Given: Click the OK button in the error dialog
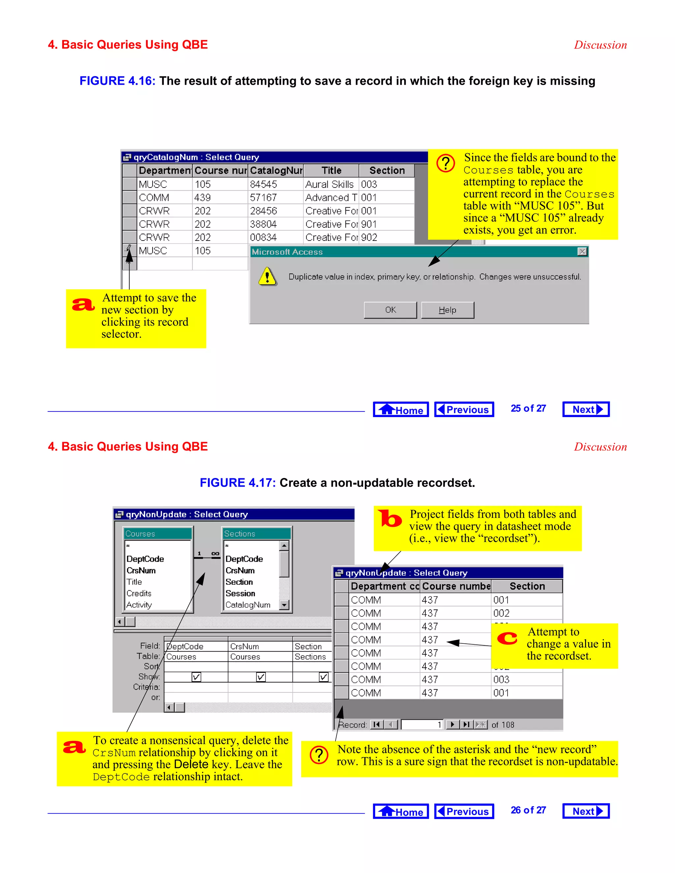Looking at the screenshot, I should click(x=390, y=310).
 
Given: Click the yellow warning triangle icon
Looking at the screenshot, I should click(x=267, y=276).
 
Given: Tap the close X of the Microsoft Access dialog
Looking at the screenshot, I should click(x=582, y=251).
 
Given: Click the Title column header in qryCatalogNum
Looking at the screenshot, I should click(x=331, y=171).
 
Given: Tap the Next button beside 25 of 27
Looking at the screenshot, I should click(x=586, y=409).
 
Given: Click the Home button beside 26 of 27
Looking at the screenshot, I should click(x=401, y=811).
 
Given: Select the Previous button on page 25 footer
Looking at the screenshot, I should click(x=464, y=409).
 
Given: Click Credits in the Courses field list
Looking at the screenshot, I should click(x=139, y=593).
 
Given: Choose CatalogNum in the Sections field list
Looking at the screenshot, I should click(x=248, y=605).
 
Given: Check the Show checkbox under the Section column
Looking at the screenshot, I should click(x=324, y=677).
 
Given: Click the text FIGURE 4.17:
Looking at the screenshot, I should click(x=238, y=483).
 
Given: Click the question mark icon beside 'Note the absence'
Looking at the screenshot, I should click(x=319, y=755).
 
